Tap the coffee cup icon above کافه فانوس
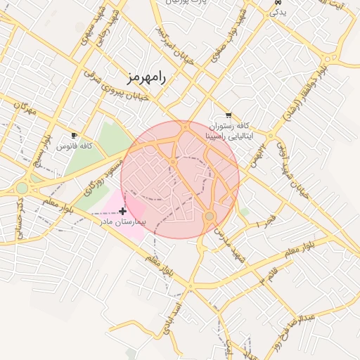pos(75,135)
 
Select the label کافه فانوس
pos(75,146)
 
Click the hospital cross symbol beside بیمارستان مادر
pos(123,211)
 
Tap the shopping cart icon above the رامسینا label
pos(229,115)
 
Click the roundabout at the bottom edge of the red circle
pos(209,216)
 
